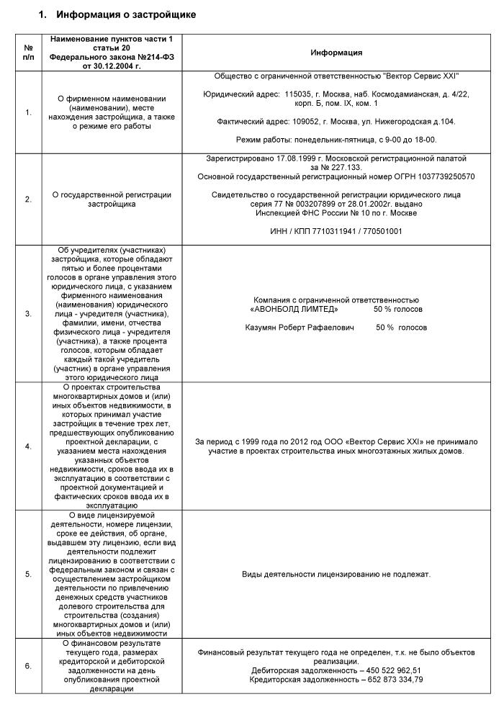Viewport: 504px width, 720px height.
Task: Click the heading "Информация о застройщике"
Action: tap(125, 14)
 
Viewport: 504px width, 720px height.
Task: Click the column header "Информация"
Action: tap(336, 53)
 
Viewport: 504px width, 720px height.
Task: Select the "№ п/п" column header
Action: tap(28, 53)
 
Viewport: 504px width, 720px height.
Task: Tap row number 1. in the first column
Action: tap(28, 112)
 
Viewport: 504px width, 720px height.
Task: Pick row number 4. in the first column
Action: tap(28, 446)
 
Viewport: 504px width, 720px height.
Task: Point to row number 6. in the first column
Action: tap(28, 666)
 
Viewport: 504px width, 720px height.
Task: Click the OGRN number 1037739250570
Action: tap(440, 176)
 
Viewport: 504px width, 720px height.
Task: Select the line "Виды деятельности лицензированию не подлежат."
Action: tap(336, 575)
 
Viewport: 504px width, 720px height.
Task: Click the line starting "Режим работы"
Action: tap(336, 140)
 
